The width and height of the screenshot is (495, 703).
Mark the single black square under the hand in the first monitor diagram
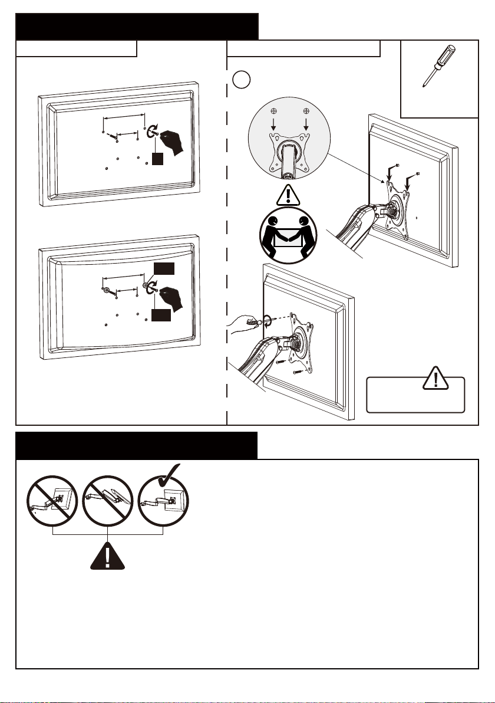pos(156,159)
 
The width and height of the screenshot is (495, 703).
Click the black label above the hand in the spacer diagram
pos(163,269)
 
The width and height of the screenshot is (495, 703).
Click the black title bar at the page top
pos(137,27)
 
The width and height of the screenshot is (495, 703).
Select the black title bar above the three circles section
pos(137,445)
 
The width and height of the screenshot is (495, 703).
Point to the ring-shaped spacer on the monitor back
pos(106,290)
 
